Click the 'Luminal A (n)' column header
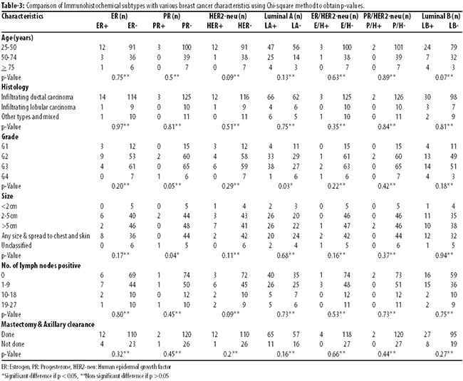coord(283,16)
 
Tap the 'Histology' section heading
coord(15,87)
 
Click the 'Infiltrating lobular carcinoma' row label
coord(38,107)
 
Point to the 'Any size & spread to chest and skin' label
coord(46,236)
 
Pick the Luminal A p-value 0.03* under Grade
coord(286,186)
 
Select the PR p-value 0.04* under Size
coord(172,256)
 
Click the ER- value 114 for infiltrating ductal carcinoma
coord(132,97)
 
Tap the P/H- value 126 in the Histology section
coord(399,97)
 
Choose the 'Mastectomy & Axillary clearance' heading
coord(48,324)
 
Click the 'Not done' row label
coord(13,344)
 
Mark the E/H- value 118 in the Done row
coord(347,335)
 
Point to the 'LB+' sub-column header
coord(427,26)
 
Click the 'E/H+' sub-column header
coord(321,26)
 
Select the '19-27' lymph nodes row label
coord(9,305)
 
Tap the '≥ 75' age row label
coord(8,68)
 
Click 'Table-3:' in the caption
coord(11,5)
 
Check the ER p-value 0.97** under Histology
coord(120,127)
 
